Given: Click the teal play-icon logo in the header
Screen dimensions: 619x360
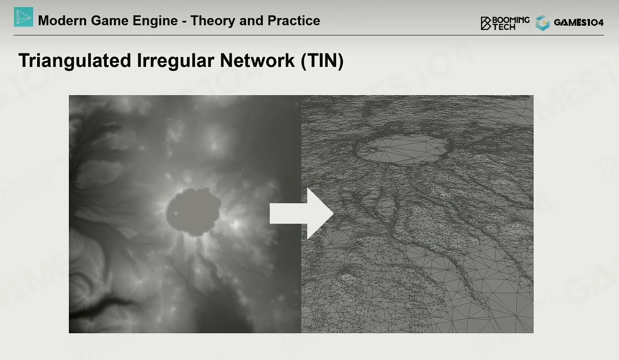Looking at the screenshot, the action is click(24, 17).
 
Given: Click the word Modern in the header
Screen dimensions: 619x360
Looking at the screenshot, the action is click(62, 21).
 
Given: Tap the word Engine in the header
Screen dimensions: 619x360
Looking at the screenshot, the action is click(155, 21).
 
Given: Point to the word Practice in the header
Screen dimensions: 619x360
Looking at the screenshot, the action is click(294, 21).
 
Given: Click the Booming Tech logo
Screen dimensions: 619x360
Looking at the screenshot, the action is click(505, 23).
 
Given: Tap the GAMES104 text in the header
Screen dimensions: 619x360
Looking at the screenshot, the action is click(579, 23).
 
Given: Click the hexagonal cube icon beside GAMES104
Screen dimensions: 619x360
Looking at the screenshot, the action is click(543, 23).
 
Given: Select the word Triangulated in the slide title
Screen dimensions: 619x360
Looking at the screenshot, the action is click(75, 61).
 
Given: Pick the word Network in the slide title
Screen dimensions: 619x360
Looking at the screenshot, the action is click(257, 60).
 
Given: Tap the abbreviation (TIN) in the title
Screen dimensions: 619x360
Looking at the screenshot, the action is click(322, 61).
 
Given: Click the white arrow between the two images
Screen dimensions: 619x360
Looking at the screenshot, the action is click(302, 213).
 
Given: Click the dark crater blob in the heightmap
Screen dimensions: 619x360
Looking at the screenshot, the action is click(194, 212).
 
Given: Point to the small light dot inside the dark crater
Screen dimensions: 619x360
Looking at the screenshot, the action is click(176, 213).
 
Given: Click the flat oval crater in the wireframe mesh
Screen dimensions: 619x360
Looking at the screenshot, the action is click(403, 149).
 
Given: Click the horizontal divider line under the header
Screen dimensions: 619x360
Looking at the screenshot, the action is click(309, 35).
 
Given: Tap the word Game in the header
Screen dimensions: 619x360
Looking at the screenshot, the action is click(110, 21).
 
